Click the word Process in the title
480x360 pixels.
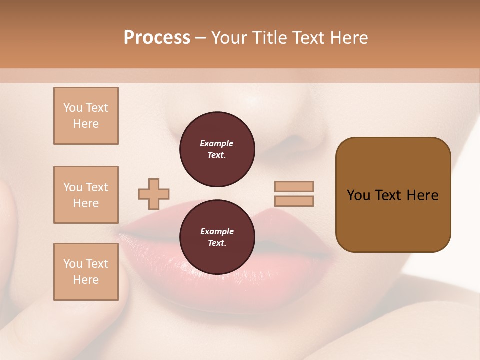point(157,38)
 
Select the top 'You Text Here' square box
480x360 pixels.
point(86,116)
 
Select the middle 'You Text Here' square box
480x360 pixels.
point(86,195)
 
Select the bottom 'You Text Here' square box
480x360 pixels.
point(86,272)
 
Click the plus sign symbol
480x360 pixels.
point(154,194)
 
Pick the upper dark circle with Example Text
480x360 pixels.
point(217,149)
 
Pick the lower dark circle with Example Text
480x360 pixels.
point(217,237)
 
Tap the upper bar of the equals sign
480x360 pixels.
point(294,186)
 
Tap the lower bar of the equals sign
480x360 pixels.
point(294,201)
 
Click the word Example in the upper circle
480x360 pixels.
point(217,143)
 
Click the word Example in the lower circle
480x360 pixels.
point(217,231)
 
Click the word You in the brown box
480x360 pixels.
point(358,195)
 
